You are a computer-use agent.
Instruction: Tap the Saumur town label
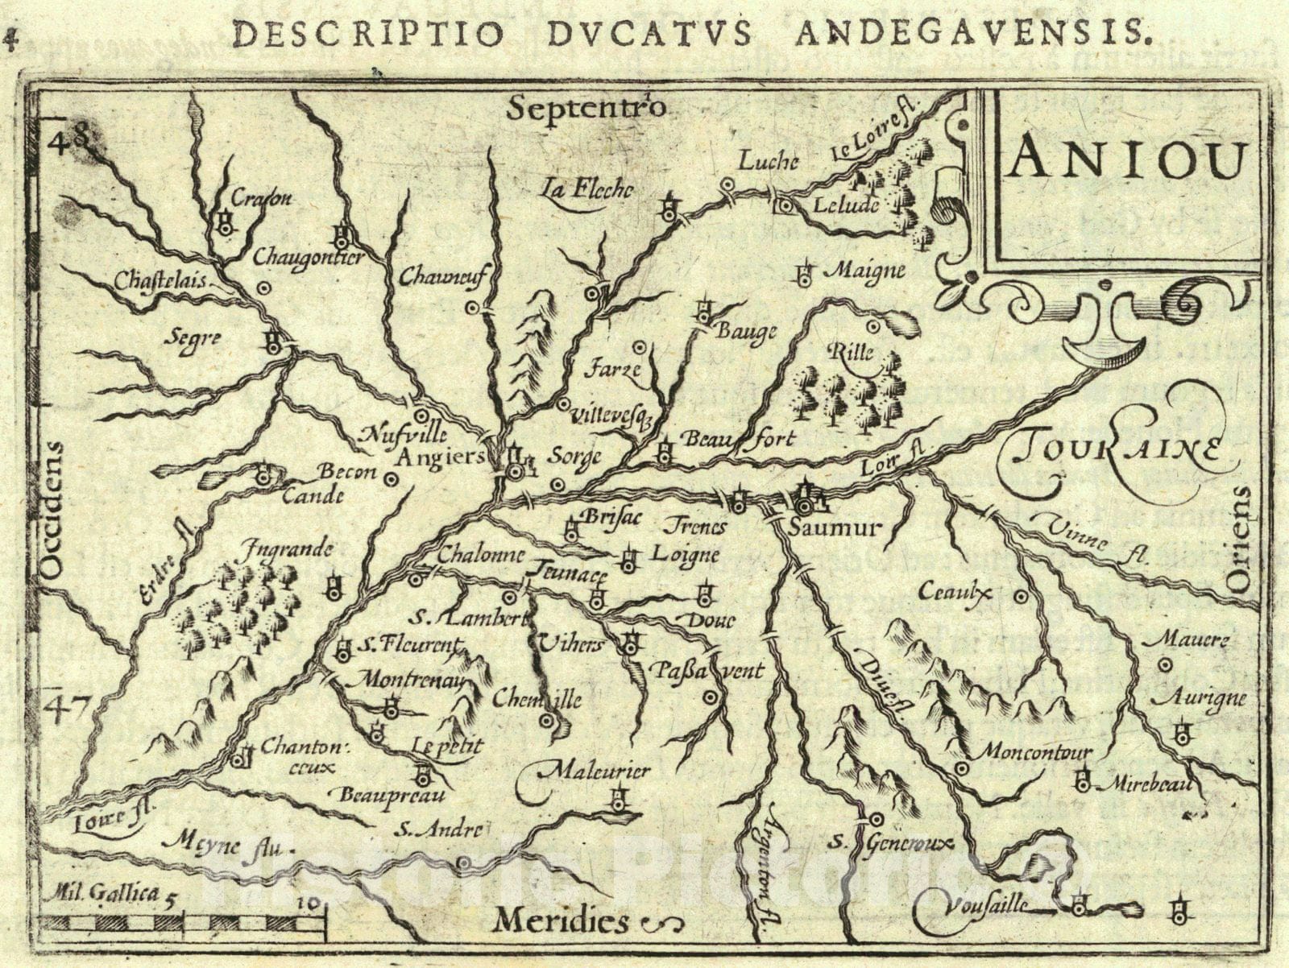(835, 528)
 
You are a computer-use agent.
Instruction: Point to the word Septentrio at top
(586, 107)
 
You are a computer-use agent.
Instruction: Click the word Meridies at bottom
(562, 920)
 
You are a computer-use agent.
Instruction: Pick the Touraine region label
(1120, 451)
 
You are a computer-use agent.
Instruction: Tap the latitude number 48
(71, 142)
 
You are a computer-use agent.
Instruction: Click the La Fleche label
(588, 190)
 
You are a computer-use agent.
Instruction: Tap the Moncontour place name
(1035, 752)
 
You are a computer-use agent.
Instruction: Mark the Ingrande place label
(286, 550)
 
